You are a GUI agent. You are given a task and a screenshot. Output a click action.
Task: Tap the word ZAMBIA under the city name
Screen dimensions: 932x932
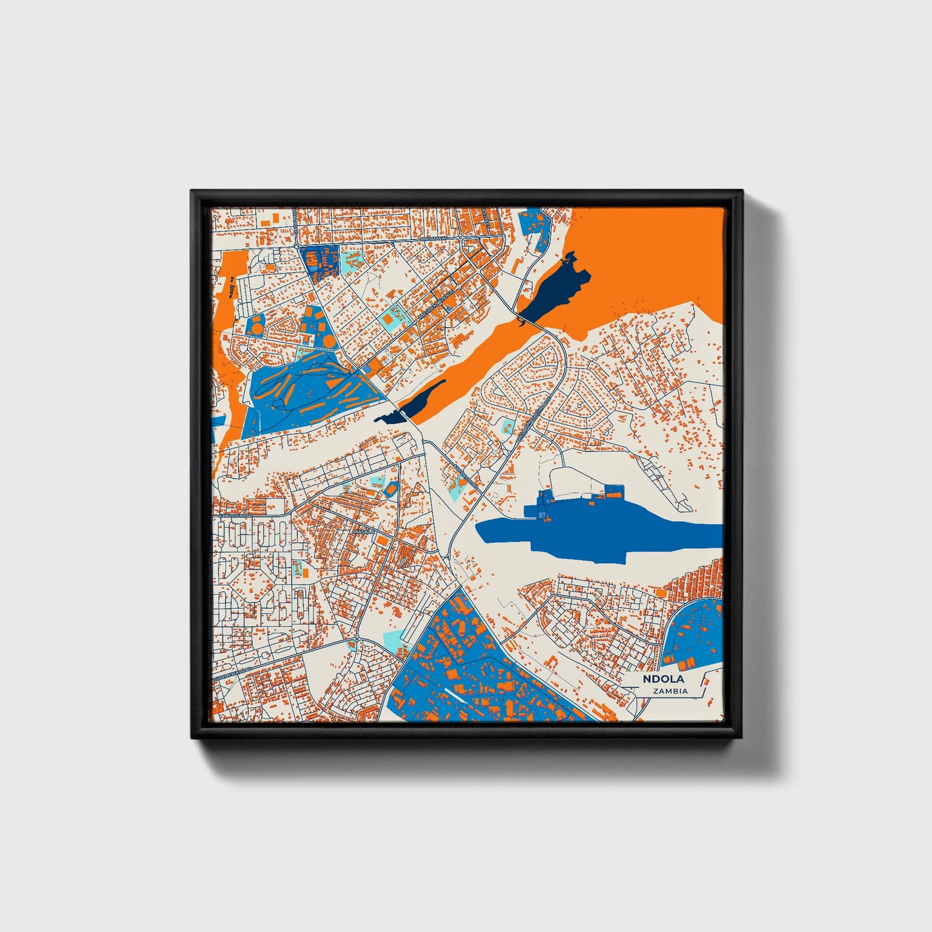tap(670, 691)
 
